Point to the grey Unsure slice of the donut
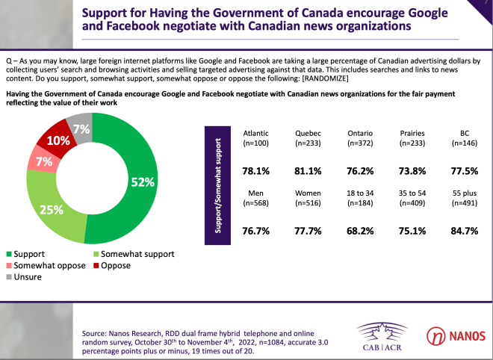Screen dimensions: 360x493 point(79,128)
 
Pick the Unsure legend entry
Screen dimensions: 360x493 point(28,277)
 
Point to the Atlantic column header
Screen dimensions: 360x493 point(256,133)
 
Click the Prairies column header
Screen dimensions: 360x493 point(414,133)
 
